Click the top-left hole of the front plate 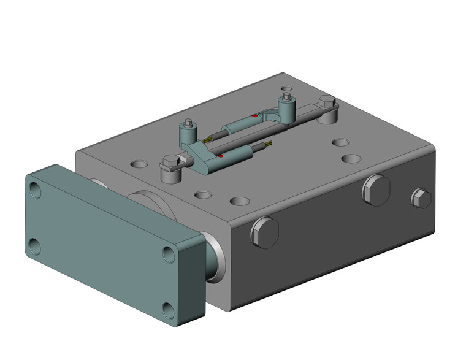36,192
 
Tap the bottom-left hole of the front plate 34,247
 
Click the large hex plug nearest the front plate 265,232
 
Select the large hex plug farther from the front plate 376,190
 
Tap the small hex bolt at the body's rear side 421,198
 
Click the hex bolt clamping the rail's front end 170,163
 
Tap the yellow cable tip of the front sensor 268,145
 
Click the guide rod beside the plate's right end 215,258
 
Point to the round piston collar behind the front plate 147,202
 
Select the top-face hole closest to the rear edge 286,90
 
